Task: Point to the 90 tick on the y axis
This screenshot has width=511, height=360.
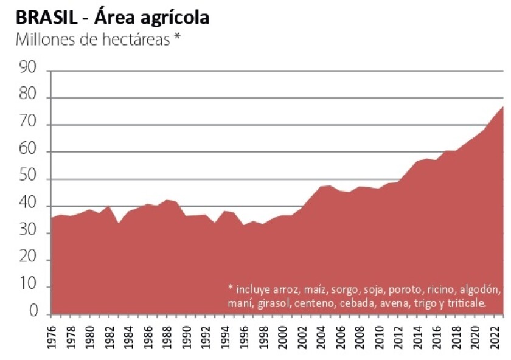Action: click(30, 71)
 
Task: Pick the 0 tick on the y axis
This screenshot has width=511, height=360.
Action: click(35, 314)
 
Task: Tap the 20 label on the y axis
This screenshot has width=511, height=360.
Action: click(30, 260)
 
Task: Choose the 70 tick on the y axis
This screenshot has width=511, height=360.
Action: click(30, 125)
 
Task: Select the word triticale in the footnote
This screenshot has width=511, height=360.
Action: click(465, 302)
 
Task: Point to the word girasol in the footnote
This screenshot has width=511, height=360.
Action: click(271, 302)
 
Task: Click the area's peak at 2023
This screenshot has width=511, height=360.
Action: click(504, 106)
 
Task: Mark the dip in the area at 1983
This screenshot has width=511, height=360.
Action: click(119, 224)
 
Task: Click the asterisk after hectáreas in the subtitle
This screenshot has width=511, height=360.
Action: click(177, 38)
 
